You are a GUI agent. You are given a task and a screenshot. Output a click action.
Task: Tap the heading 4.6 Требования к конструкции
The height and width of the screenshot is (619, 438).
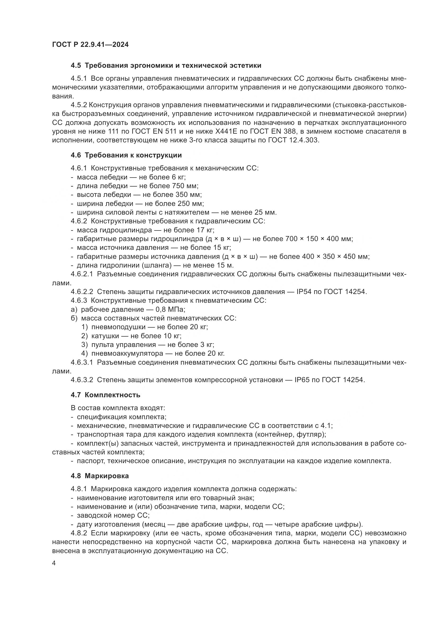point(126,155)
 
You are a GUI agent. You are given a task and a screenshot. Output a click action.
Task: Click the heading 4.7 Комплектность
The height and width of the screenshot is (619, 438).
point(105,395)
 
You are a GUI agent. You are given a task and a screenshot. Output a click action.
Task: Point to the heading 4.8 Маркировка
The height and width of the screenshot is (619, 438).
point(100,476)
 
